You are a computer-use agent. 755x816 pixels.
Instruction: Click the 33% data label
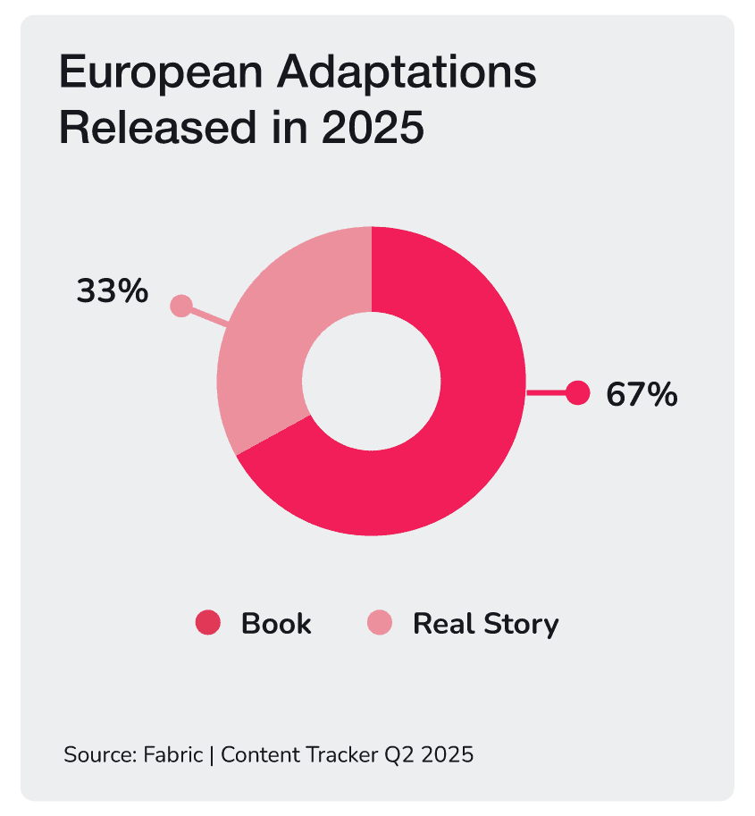click(112, 290)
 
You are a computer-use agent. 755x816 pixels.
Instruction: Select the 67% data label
click(642, 394)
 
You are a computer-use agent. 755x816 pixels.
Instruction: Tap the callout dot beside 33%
click(181, 307)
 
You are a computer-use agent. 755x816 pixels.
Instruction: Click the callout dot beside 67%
click(578, 392)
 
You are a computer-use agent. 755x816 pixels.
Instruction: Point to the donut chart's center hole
click(371, 381)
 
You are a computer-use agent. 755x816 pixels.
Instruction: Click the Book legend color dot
click(207, 623)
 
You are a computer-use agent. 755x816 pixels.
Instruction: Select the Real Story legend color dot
click(380, 623)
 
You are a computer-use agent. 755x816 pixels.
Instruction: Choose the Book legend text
click(276, 623)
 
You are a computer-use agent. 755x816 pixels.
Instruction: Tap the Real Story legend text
click(485, 623)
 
